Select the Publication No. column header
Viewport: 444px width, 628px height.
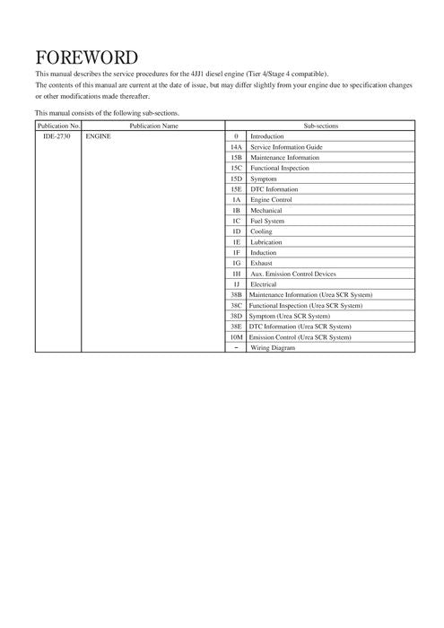(58, 126)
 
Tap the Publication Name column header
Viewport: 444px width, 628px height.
(153, 126)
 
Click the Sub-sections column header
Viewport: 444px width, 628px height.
(320, 126)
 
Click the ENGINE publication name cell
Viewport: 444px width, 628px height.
(98, 136)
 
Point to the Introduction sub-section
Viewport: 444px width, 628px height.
(266, 136)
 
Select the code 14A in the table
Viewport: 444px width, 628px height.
(236, 146)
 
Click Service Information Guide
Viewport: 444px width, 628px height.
(286, 146)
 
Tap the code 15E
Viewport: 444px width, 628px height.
(236, 189)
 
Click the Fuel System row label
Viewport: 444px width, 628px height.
(267, 221)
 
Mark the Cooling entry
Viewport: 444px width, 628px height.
(261, 231)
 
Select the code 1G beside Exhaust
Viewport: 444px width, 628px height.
(236, 263)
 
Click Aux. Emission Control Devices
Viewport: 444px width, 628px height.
(293, 274)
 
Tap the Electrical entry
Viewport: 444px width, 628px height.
(264, 284)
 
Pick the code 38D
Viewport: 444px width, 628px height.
(236, 316)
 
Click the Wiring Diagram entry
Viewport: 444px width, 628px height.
(272, 348)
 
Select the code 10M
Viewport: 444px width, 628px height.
(236, 337)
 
